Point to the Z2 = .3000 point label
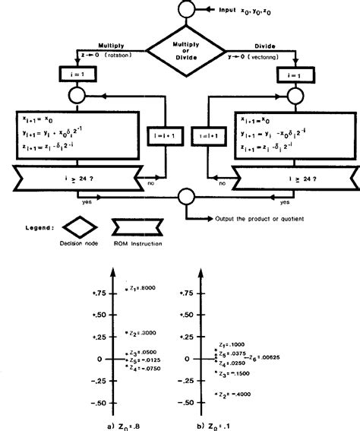[141, 333]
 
